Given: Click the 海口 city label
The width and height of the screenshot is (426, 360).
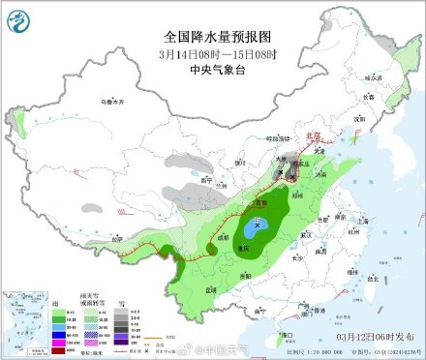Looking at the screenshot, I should (x=287, y=335).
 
